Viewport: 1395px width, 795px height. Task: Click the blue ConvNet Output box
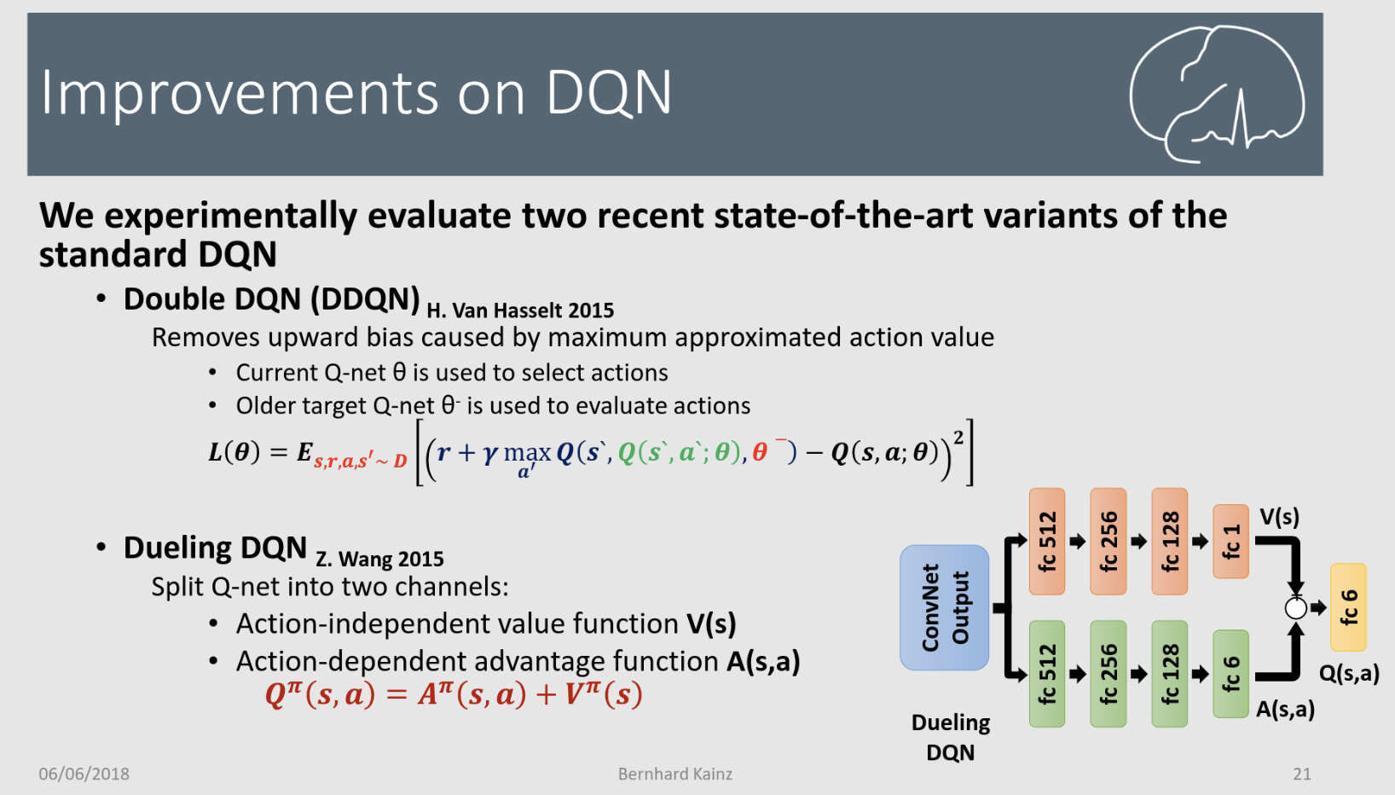point(944,607)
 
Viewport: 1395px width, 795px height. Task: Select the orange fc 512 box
point(1047,541)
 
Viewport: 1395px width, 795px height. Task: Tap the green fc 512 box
point(1047,674)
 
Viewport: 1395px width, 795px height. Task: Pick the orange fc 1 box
point(1230,541)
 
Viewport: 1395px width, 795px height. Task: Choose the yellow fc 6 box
point(1348,606)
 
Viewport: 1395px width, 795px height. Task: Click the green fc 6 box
point(1230,674)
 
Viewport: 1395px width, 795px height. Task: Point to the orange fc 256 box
point(1108,541)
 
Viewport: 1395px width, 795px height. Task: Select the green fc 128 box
point(1170,674)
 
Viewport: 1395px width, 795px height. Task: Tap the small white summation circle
point(1296,608)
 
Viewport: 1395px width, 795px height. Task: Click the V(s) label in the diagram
point(1279,517)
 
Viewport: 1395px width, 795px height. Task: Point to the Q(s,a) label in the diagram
point(1349,674)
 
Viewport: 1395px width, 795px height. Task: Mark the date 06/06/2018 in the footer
point(84,774)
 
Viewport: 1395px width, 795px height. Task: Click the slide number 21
point(1302,774)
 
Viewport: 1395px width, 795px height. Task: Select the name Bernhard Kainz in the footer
point(675,774)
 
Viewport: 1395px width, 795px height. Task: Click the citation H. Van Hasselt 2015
point(520,310)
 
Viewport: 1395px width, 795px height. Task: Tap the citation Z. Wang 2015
point(380,559)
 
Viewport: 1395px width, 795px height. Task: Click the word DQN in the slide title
point(609,93)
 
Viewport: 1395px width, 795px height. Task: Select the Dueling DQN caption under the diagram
point(951,738)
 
